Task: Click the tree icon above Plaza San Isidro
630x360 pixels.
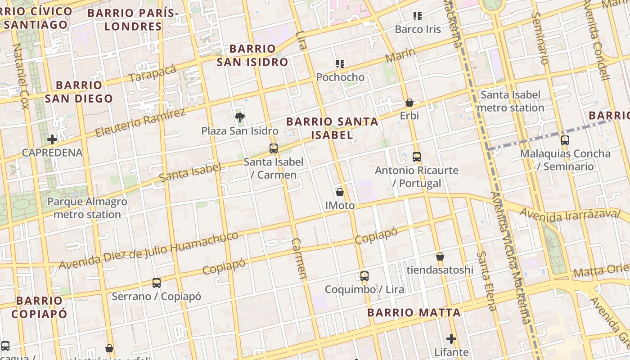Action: click(x=240, y=118)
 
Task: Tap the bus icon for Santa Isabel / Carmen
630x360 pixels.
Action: click(x=273, y=148)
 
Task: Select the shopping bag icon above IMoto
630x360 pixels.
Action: click(x=340, y=192)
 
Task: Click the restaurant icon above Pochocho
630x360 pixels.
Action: click(x=340, y=64)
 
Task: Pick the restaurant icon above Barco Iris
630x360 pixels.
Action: click(x=418, y=17)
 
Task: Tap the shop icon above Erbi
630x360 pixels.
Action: click(x=409, y=103)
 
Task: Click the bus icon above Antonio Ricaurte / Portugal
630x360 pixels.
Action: click(x=417, y=157)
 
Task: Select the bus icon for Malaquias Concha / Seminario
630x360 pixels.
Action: click(x=565, y=140)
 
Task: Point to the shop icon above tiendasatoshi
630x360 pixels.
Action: click(x=440, y=256)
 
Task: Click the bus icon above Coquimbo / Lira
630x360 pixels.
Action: click(x=364, y=276)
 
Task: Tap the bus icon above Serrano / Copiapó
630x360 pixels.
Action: click(x=157, y=283)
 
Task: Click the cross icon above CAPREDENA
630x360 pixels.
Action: click(x=52, y=139)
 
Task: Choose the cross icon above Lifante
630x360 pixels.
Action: click(x=451, y=338)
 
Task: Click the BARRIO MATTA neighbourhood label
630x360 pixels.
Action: click(x=414, y=313)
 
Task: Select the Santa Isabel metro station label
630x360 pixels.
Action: click(x=510, y=101)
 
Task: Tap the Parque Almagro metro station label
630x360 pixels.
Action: click(x=87, y=208)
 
